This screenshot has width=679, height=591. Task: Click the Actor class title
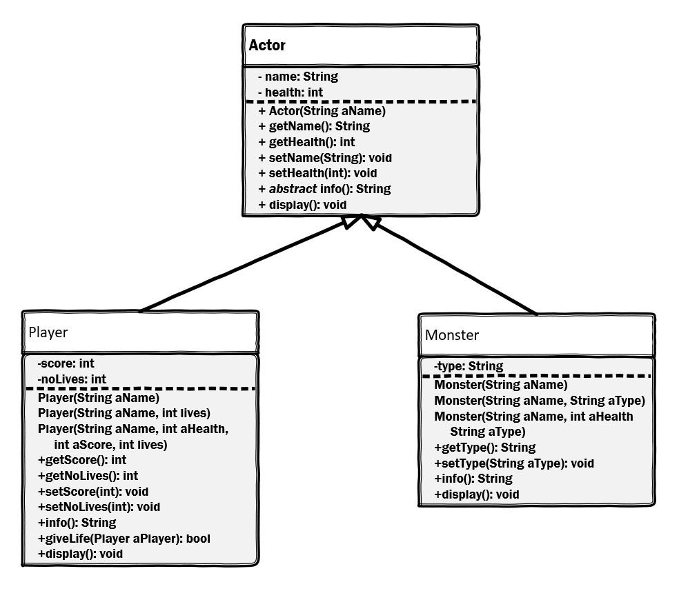click(267, 46)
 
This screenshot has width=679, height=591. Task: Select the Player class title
click(48, 332)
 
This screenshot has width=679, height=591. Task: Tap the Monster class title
click(452, 336)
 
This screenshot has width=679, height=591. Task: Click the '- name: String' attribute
click(298, 77)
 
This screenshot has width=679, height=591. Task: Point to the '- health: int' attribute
click(291, 92)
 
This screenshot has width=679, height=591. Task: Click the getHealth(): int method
click(306, 142)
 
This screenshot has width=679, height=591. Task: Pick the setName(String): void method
click(325, 158)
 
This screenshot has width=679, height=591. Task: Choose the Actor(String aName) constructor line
click(322, 111)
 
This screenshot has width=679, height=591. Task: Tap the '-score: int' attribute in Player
click(66, 363)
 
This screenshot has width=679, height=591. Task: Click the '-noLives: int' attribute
click(72, 379)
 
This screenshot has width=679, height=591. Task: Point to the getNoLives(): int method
click(88, 476)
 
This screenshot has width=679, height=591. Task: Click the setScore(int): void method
click(93, 492)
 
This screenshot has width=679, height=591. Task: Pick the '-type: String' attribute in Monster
click(469, 366)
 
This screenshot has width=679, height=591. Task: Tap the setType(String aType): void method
click(514, 463)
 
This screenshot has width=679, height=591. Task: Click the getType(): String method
click(484, 448)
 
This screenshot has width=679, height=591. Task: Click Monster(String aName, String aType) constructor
click(540, 401)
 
